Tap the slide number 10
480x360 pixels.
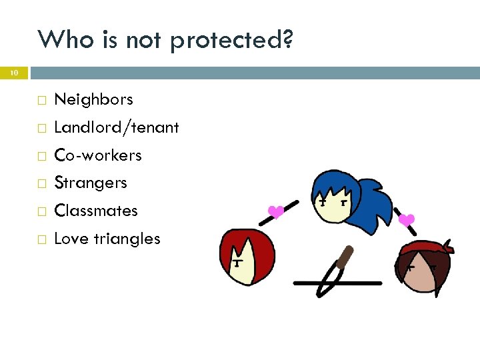tap(13, 73)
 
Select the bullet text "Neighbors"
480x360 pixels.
tap(93, 100)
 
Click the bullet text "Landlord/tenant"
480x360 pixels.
tap(116, 127)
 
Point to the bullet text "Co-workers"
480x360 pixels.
tap(97, 155)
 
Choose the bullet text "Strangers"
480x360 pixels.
tap(90, 183)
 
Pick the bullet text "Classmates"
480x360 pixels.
tap(95, 211)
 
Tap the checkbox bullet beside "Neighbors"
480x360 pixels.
tap(41, 101)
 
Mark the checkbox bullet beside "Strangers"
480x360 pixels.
tap(41, 183)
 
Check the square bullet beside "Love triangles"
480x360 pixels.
tap(41, 239)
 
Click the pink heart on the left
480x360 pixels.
tap(275, 213)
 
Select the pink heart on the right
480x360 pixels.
tap(407, 219)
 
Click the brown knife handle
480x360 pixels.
tap(344, 257)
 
